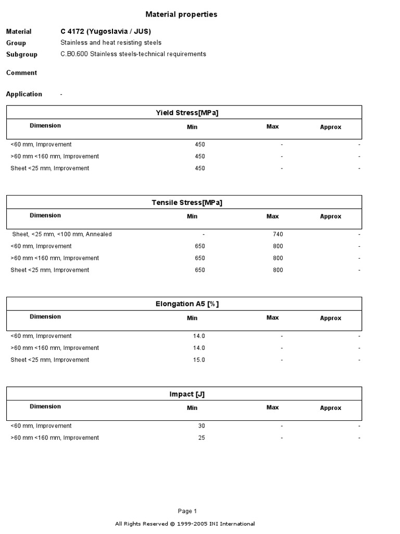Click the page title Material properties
(181, 15)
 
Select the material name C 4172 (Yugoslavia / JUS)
(106, 31)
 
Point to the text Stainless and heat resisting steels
(111, 43)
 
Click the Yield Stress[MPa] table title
(184, 113)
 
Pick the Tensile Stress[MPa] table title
(184, 202)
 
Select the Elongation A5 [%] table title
(184, 304)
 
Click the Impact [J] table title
(184, 394)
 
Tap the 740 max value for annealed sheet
(278, 235)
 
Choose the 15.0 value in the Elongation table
(199, 360)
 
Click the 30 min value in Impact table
(202, 426)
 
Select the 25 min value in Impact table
(202, 438)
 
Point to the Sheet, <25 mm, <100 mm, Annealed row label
(62, 235)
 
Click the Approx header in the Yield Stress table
(331, 127)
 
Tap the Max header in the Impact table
(272, 408)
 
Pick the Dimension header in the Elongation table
(45, 317)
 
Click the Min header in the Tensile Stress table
(192, 216)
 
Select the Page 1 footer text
(187, 511)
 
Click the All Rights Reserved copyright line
(185, 524)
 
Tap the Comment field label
(21, 73)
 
